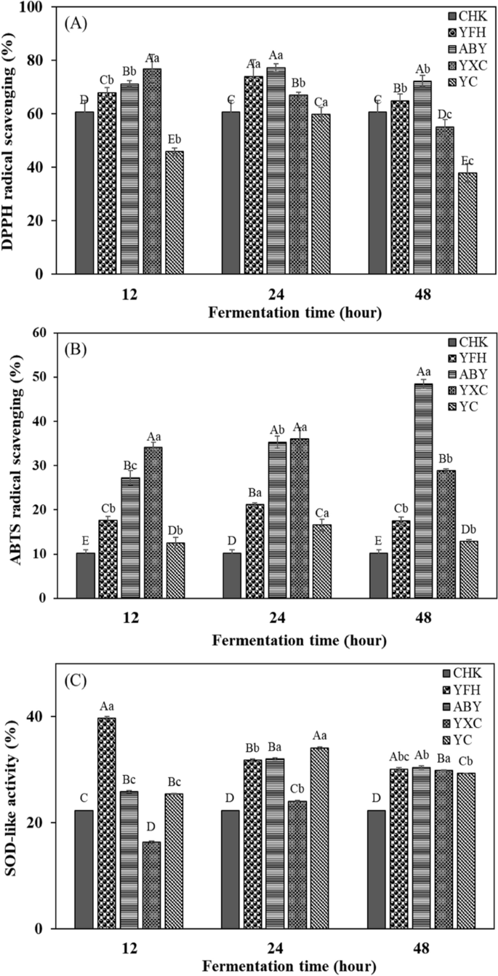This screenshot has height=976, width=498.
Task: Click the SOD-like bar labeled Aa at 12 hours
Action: [x=107, y=823]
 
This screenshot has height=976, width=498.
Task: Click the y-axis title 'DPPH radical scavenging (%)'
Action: [x=15, y=138]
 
